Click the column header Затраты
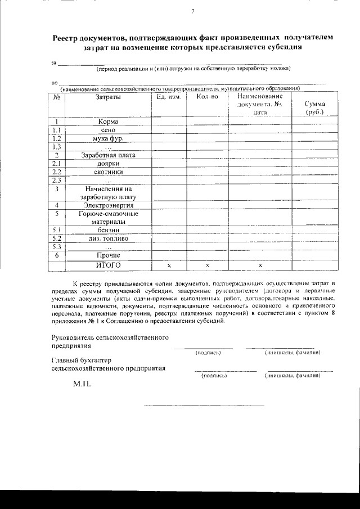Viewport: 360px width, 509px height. point(107,97)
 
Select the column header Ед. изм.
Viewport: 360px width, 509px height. point(169,97)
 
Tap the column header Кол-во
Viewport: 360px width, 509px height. point(207,97)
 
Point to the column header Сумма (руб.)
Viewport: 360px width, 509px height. point(314,108)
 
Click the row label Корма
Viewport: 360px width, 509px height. point(107,121)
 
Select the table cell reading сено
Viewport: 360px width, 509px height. point(108,129)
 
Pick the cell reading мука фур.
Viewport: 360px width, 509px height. point(108,138)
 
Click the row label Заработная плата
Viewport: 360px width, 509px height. point(107,155)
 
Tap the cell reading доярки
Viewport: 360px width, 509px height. point(107,163)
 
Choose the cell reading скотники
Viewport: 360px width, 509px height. point(108,172)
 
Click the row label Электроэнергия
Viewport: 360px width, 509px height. point(108,205)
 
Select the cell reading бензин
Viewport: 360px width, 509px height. point(108,230)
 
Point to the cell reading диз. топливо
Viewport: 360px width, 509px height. point(108,238)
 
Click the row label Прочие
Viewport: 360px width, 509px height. point(108,255)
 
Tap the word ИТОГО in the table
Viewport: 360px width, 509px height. point(108,264)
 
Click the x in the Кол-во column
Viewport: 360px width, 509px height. point(207,264)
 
